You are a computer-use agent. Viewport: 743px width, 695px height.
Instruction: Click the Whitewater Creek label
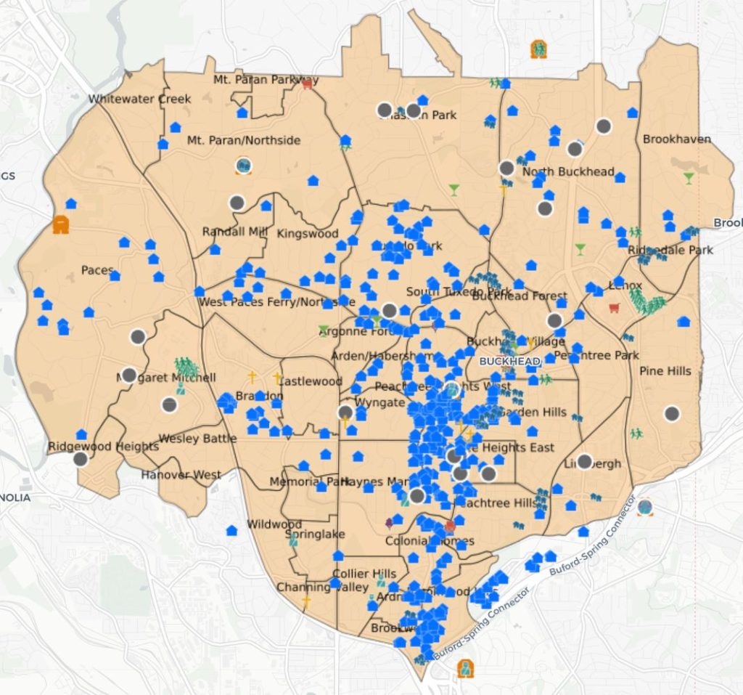click(x=139, y=99)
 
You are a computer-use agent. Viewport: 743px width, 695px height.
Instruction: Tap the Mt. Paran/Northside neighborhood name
click(x=243, y=140)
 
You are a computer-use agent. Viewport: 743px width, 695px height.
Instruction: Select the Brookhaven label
click(x=676, y=139)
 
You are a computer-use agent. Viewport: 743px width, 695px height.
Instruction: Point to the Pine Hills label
click(x=665, y=371)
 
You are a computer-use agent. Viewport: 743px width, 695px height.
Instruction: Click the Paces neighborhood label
click(x=97, y=270)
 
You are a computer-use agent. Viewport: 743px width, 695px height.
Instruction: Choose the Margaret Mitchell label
click(x=166, y=378)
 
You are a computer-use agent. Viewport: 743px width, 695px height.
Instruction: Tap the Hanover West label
click(x=181, y=475)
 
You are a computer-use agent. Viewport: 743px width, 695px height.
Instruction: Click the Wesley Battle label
click(x=197, y=438)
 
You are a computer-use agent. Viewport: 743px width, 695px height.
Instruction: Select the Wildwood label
click(x=274, y=524)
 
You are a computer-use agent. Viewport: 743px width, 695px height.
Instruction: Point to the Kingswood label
click(x=308, y=234)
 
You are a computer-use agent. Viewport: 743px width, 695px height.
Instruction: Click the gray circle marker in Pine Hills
click(x=672, y=413)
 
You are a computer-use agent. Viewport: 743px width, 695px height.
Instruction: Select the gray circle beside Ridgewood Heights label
click(x=81, y=458)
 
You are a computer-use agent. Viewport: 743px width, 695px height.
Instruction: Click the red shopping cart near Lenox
click(x=614, y=307)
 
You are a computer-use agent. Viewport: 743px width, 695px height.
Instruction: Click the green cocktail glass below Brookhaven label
click(x=688, y=177)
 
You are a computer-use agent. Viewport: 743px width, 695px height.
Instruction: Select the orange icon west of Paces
click(x=61, y=224)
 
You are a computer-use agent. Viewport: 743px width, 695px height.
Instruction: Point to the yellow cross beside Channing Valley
click(x=306, y=601)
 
